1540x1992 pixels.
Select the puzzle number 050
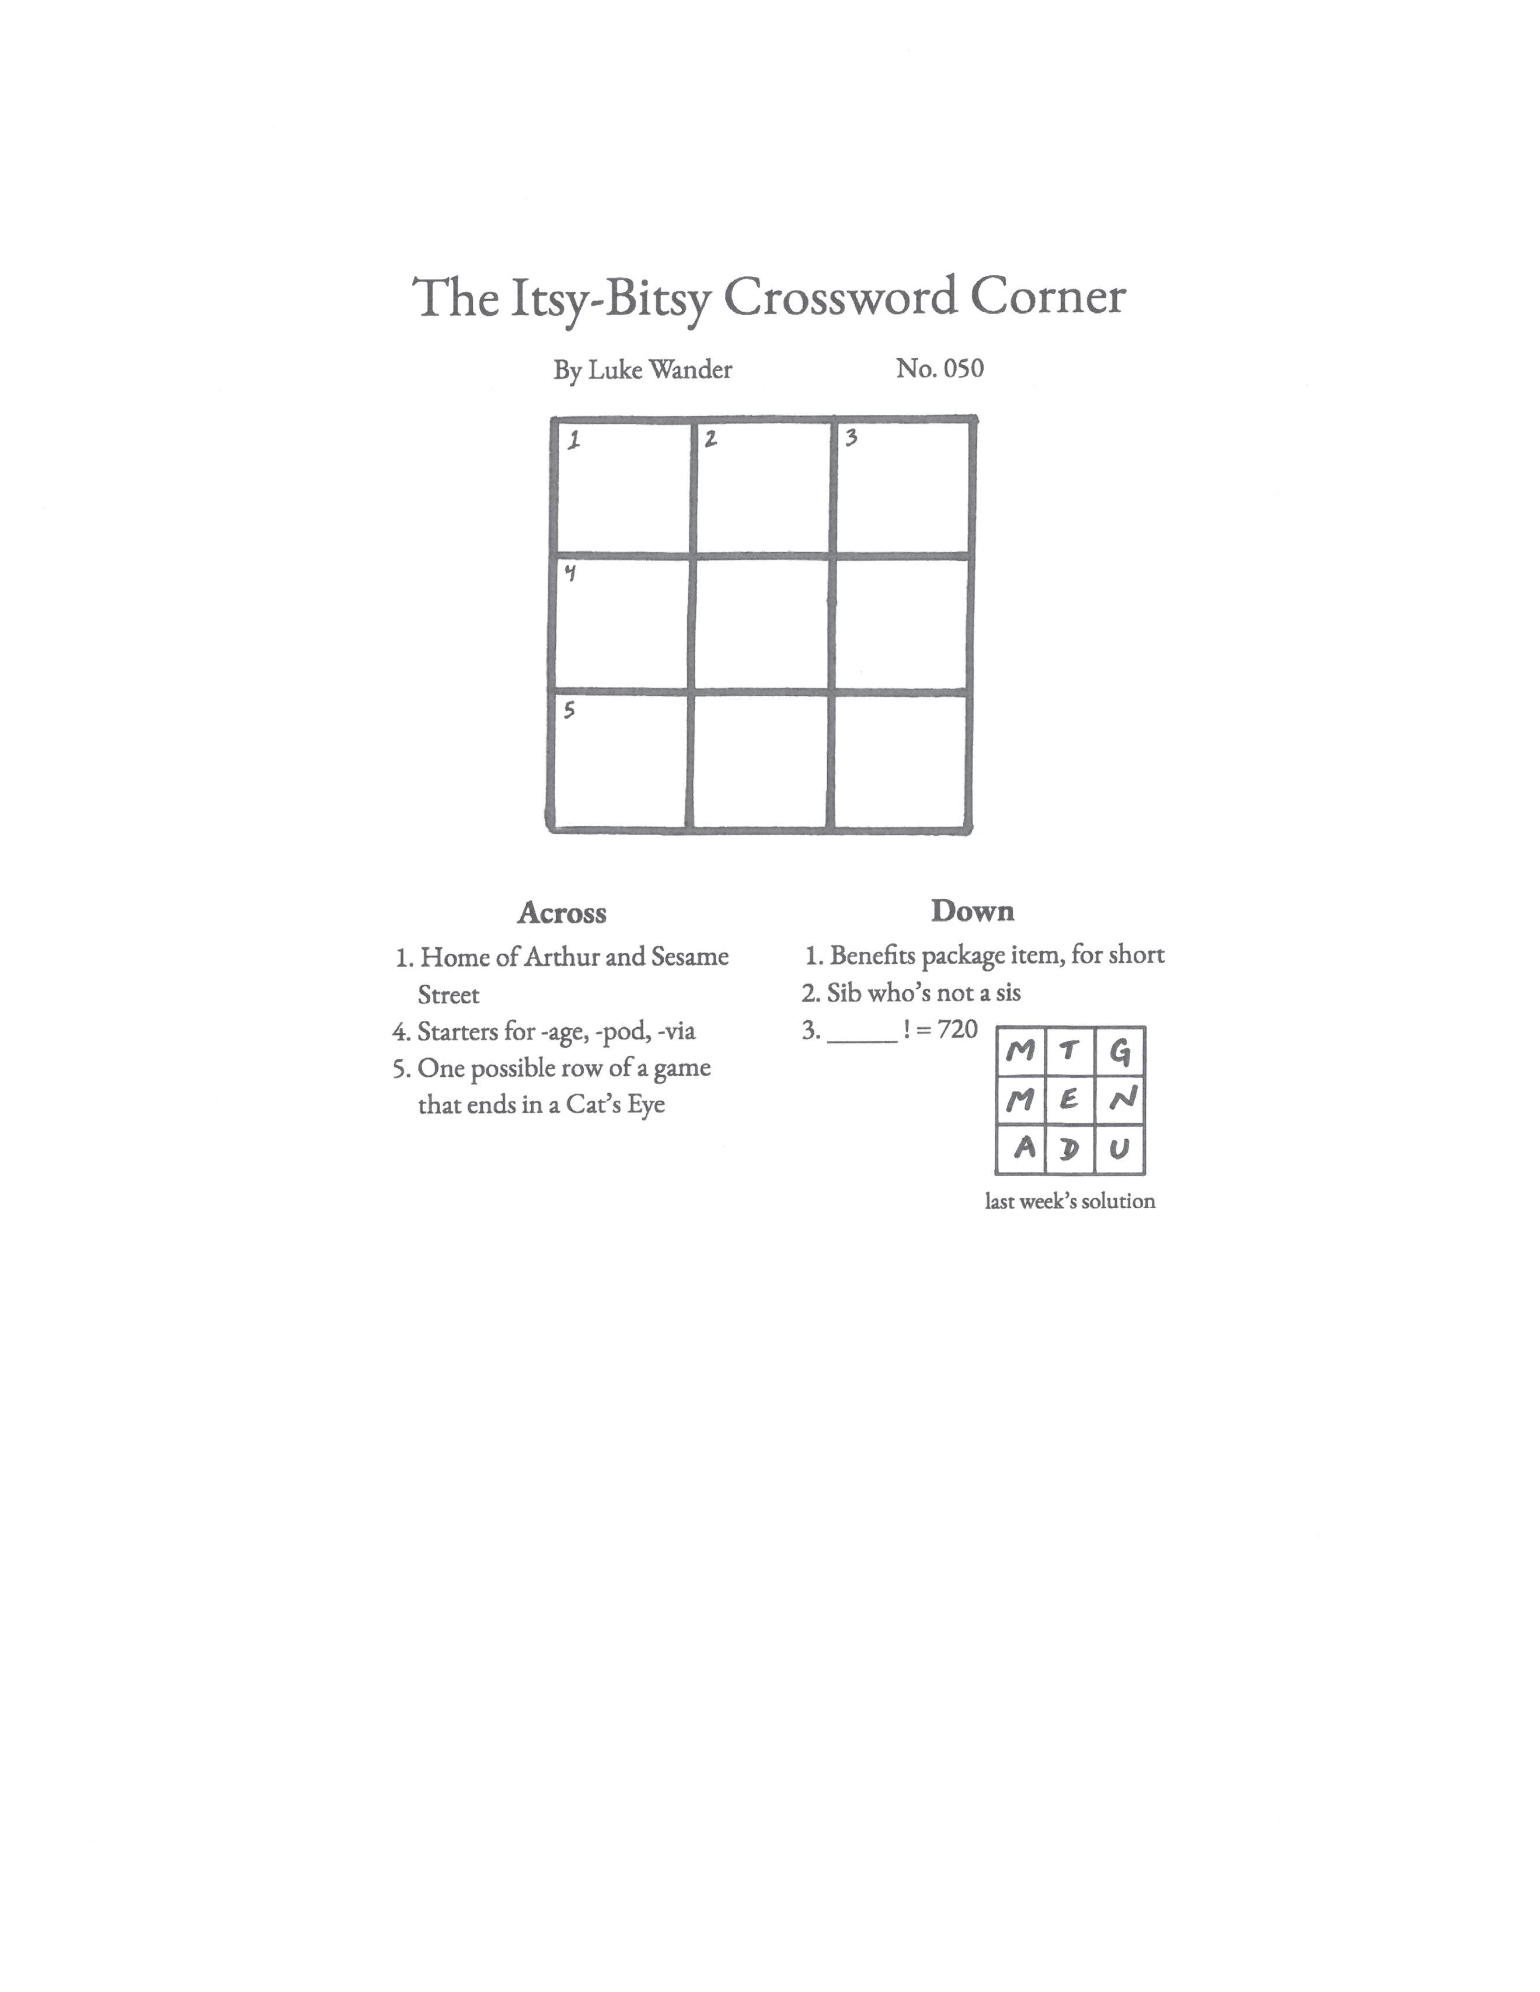click(x=963, y=368)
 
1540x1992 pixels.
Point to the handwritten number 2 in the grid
click(x=710, y=439)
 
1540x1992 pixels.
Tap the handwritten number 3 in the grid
click(x=851, y=438)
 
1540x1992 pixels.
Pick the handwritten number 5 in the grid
click(x=569, y=710)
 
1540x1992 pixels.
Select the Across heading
click(x=562, y=913)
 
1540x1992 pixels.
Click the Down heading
click(x=973, y=911)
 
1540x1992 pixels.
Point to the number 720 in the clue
click(x=957, y=1030)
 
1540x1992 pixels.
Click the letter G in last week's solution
click(x=1120, y=1052)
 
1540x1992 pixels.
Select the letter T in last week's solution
click(x=1069, y=1052)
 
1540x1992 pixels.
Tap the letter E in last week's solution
click(x=1069, y=1101)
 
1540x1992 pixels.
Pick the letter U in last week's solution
click(x=1120, y=1148)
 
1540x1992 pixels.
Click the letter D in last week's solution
click(x=1069, y=1148)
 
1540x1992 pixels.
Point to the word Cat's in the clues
click(x=590, y=1104)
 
